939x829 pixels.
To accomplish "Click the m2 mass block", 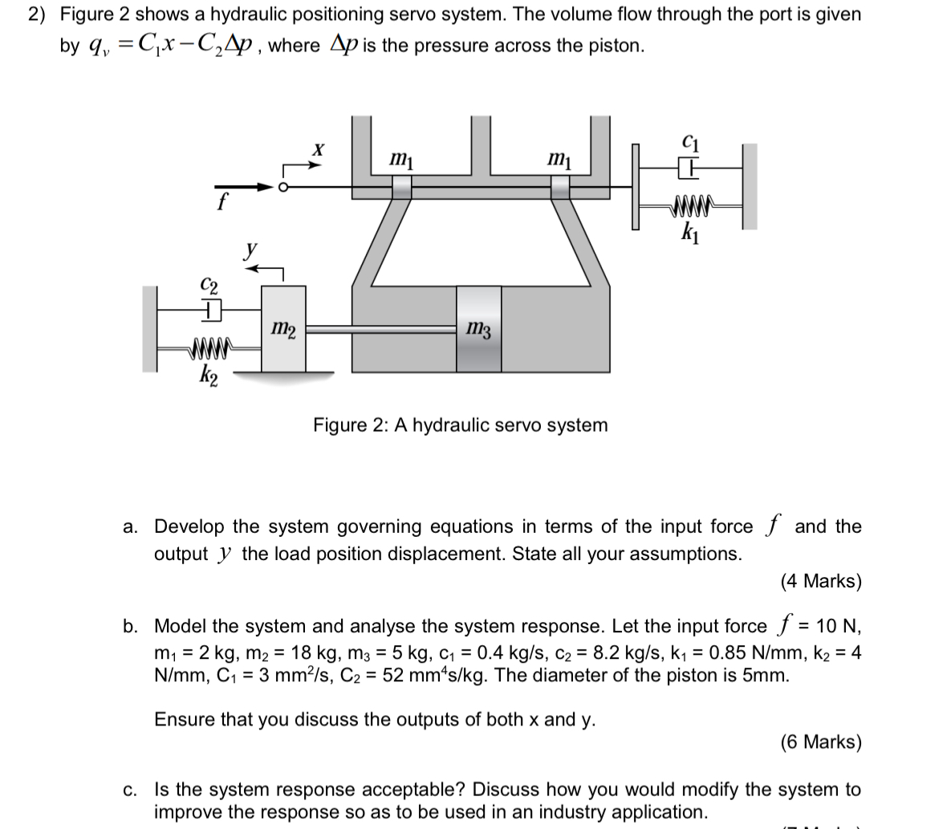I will click(283, 329).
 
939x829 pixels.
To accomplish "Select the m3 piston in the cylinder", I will click(479, 329).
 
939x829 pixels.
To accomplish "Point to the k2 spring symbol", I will click(209, 348).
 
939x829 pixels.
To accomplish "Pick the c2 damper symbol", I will click(209, 309).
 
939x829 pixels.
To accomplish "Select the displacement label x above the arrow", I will click(319, 149).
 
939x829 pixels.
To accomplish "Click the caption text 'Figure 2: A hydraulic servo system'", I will click(460, 425).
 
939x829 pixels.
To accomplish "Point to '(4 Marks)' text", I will click(820, 581).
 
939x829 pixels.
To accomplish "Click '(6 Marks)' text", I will click(820, 742).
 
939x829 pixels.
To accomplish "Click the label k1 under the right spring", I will click(688, 235).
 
